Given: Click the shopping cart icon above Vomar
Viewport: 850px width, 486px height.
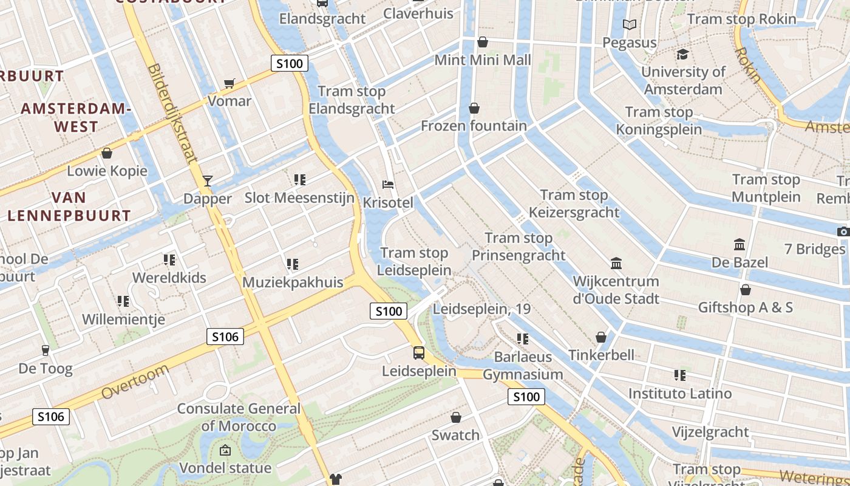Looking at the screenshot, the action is tap(229, 83).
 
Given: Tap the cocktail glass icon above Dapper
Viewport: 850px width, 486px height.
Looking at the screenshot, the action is tap(208, 180).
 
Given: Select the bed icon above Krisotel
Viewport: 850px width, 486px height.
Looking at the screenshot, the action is tap(388, 184).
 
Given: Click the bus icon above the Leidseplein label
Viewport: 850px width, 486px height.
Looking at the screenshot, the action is tap(419, 352).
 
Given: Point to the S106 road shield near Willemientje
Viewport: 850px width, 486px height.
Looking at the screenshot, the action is tap(225, 337).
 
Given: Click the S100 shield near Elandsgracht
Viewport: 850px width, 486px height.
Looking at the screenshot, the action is tap(290, 63).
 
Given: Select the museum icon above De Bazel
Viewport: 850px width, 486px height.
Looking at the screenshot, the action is tap(739, 244).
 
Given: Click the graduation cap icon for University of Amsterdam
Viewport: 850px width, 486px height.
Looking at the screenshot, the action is tap(683, 54).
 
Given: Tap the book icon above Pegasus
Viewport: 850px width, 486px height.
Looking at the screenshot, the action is tap(630, 25).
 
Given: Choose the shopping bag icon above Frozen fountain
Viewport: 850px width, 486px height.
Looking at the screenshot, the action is tap(474, 108).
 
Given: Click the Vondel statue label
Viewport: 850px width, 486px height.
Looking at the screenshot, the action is tap(225, 468).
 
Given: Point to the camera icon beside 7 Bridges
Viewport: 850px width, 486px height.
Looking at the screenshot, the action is tap(843, 231).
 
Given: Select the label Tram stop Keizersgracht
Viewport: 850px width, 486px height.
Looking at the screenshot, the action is tap(574, 204).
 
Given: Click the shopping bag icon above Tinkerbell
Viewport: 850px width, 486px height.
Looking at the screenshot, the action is tap(601, 337).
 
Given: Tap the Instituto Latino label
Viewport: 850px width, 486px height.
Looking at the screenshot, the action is tap(680, 394).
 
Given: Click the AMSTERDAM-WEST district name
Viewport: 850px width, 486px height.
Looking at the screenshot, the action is tap(76, 118).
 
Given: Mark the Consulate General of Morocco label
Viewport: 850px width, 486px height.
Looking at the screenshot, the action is tap(239, 417).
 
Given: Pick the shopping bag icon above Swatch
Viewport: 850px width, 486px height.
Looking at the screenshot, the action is tap(456, 417).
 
